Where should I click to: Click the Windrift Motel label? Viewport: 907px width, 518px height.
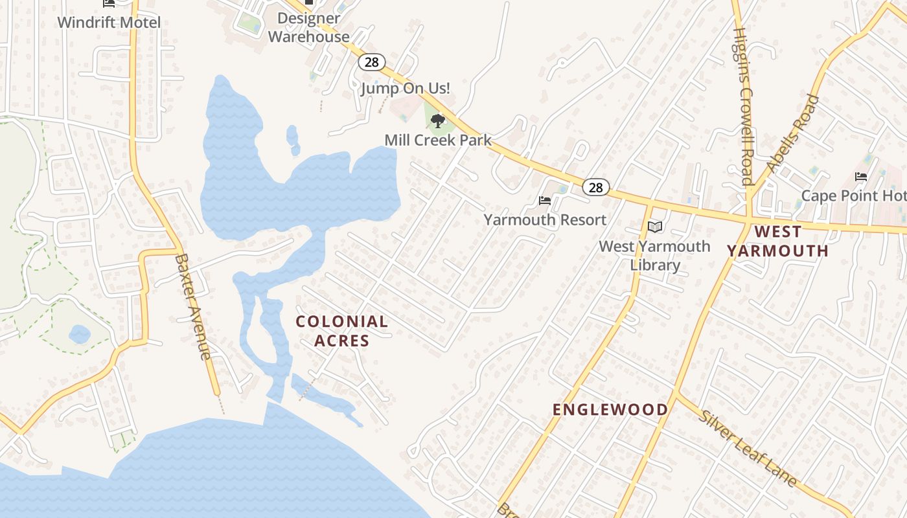[109, 22]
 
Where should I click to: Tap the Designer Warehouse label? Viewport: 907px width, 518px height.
[309, 28]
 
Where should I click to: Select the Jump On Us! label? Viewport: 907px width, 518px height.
[406, 88]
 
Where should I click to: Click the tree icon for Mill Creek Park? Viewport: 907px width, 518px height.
[438, 120]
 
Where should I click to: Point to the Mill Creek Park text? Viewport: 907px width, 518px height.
[438, 140]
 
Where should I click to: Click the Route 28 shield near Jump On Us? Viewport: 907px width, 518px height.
[372, 62]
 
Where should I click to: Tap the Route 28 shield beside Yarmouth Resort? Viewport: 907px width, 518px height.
[595, 188]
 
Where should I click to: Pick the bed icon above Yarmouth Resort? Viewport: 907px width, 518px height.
[545, 201]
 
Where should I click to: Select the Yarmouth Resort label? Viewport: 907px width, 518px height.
[545, 220]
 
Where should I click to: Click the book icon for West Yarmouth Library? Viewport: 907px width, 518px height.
[655, 227]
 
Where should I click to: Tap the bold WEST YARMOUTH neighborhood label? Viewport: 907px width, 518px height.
[777, 241]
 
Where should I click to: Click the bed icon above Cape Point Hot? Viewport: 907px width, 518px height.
[861, 176]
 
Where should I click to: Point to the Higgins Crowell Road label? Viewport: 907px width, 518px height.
[744, 107]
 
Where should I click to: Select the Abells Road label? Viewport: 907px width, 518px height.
[793, 133]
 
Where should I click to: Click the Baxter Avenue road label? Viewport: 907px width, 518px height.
[193, 306]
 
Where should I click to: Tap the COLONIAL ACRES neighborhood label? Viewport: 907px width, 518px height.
[342, 331]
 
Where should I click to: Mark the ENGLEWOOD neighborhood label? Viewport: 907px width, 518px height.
[610, 409]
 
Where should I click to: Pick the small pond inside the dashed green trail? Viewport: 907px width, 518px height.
[80, 334]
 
